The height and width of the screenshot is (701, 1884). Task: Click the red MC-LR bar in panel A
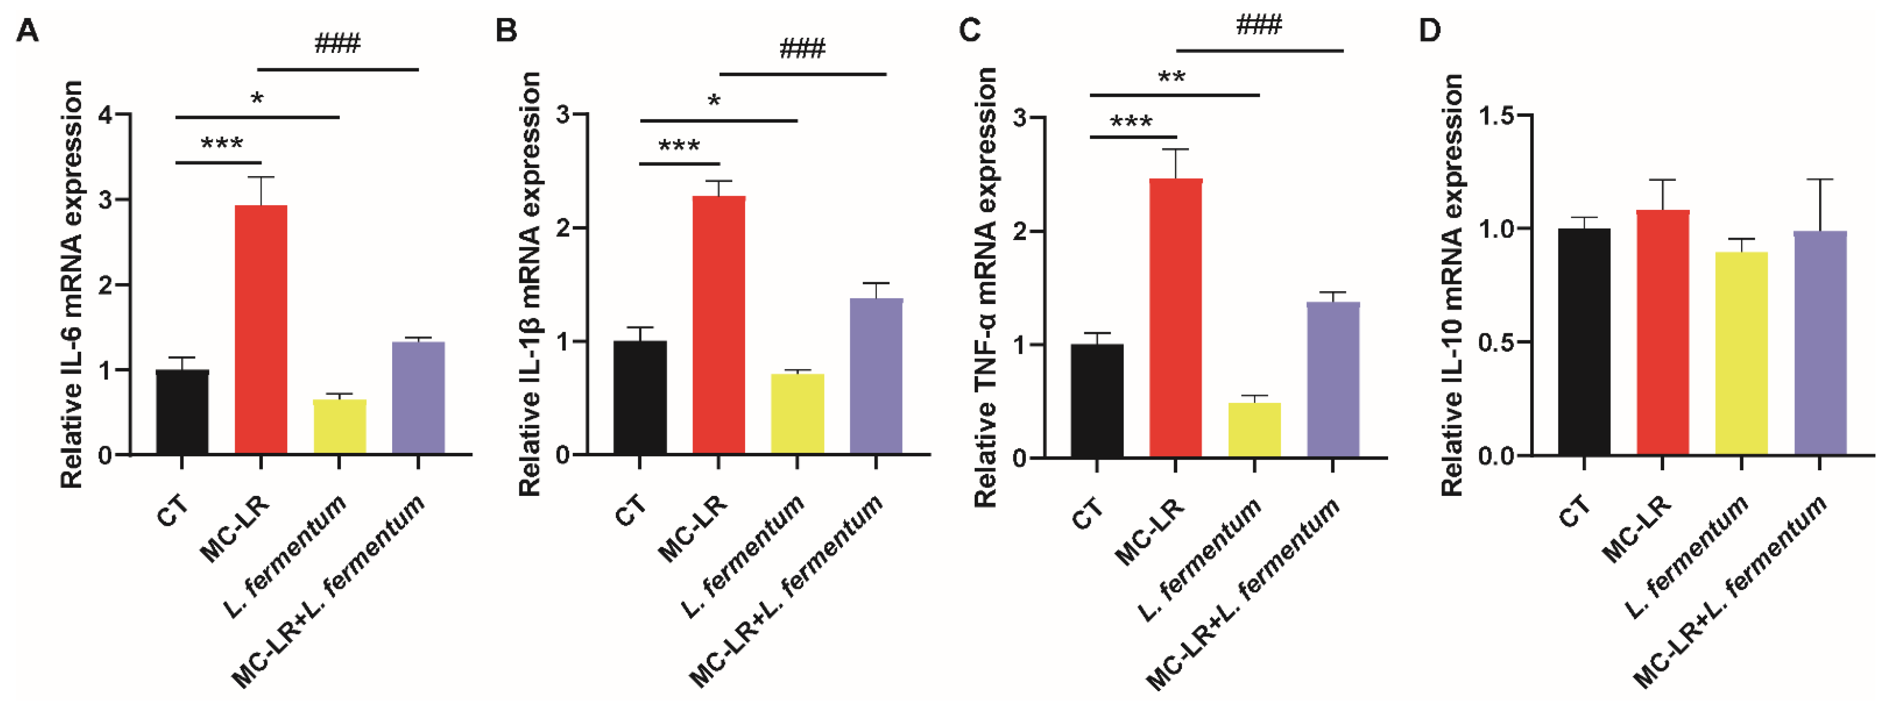pyautogui.click(x=260, y=329)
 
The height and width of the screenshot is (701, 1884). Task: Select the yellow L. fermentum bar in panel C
pyautogui.click(x=1254, y=430)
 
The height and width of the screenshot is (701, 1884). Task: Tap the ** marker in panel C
pyautogui.click(x=1171, y=78)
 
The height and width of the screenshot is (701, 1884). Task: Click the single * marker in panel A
pyautogui.click(x=257, y=98)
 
